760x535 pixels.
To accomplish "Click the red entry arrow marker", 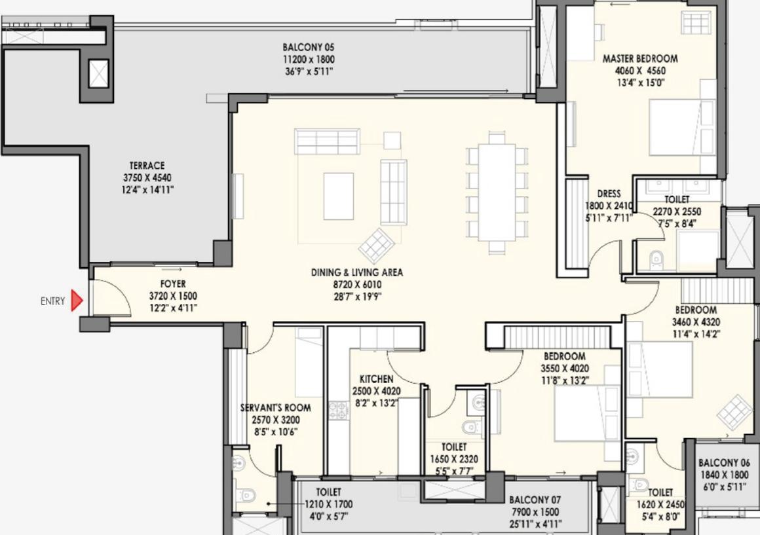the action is coord(77,301).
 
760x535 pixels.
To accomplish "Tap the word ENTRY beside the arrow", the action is coord(53,301).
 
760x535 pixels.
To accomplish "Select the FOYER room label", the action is coord(173,284).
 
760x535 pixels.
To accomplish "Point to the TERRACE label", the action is coord(147,166).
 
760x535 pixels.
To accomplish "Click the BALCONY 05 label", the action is coord(309,48).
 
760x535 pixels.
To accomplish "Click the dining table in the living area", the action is coord(497,192).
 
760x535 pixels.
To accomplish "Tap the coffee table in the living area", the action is coord(338,196).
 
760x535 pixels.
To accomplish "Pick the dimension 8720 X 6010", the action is coord(357,284).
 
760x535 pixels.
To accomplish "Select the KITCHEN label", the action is coord(376,378).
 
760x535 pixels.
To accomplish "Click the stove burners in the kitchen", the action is coord(339,411).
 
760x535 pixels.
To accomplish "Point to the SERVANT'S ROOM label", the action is coord(276,408).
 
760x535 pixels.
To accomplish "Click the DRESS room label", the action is coord(609,194).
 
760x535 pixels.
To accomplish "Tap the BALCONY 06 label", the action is coord(724,463).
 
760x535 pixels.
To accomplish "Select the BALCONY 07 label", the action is coord(535,500).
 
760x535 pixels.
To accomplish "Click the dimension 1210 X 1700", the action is coord(329,504).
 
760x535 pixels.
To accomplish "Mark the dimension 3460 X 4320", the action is coord(696,322).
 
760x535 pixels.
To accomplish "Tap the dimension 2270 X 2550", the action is coord(677,212).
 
